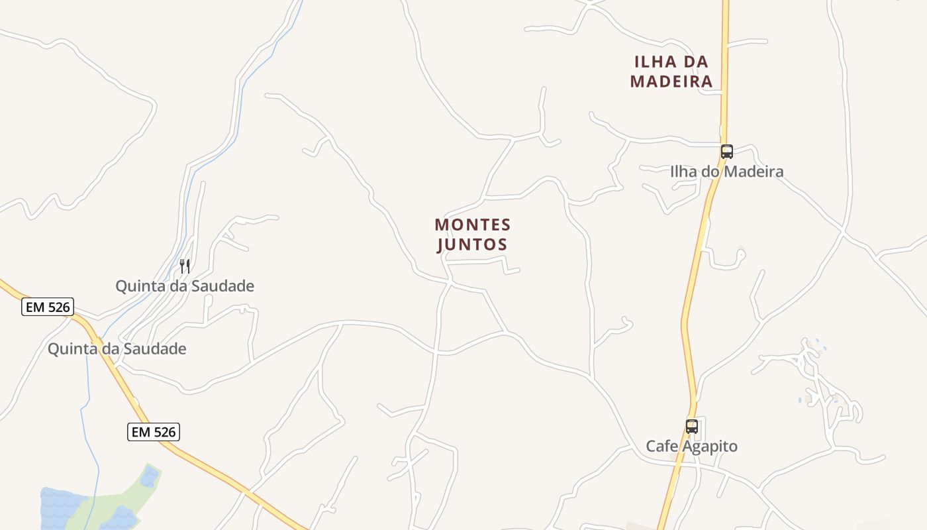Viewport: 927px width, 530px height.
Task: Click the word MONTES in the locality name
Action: coord(473,225)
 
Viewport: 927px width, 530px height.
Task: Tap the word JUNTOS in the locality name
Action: coord(473,244)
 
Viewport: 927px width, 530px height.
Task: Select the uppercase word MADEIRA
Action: coord(671,81)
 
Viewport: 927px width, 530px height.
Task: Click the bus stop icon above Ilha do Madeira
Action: coord(727,151)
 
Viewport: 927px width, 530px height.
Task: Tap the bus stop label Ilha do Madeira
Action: coord(726,172)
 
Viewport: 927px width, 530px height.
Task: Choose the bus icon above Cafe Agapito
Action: coord(692,427)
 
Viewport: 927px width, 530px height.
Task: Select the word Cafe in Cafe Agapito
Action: coord(661,447)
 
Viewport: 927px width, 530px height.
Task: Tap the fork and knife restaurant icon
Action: coord(185,266)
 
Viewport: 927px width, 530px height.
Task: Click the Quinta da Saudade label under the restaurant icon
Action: coord(185,286)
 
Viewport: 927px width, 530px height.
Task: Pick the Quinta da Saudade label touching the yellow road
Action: coord(117,348)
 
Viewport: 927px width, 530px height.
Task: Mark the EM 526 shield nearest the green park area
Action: coord(154,433)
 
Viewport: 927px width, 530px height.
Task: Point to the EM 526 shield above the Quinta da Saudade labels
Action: coord(48,307)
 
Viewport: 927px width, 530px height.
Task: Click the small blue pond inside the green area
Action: coord(150,476)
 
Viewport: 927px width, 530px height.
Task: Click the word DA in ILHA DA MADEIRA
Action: coord(696,62)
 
